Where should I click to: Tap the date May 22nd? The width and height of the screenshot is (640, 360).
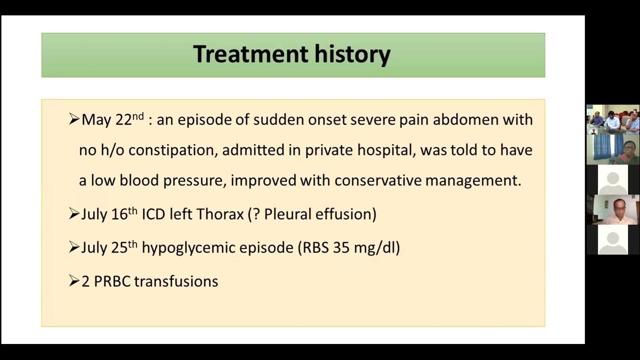click(112, 120)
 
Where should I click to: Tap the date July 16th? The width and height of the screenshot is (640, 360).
click(108, 214)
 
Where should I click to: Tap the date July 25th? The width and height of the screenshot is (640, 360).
click(108, 247)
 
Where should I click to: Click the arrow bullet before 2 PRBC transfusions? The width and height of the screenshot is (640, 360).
click(74, 281)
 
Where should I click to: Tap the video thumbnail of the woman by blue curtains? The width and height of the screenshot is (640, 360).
click(612, 149)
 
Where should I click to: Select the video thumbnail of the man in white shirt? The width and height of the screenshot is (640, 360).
click(612, 209)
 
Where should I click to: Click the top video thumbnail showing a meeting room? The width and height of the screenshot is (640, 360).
click(612, 119)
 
